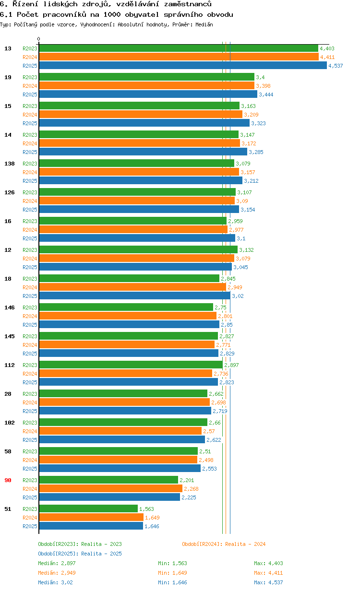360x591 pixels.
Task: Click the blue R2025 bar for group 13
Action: tap(182, 66)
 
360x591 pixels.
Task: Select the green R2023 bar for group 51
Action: tap(88, 509)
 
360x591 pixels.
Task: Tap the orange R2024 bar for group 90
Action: tap(110, 489)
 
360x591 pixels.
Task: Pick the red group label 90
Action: tap(8, 480)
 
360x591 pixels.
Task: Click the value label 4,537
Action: tap(336, 66)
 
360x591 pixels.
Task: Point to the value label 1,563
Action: tap(146, 509)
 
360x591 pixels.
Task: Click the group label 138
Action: tap(10, 164)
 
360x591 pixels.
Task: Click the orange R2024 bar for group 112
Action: tap(125, 374)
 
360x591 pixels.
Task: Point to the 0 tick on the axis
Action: tap(39, 39)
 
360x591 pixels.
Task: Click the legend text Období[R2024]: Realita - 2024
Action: tap(224, 544)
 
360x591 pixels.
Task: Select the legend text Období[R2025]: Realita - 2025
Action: tap(80, 554)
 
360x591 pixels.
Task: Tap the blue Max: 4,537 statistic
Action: tap(268, 582)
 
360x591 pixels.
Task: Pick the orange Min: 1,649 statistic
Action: tap(172, 573)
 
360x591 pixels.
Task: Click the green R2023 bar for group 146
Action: tap(126, 307)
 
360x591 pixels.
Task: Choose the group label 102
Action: tap(10, 423)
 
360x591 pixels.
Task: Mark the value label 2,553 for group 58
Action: tap(209, 469)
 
